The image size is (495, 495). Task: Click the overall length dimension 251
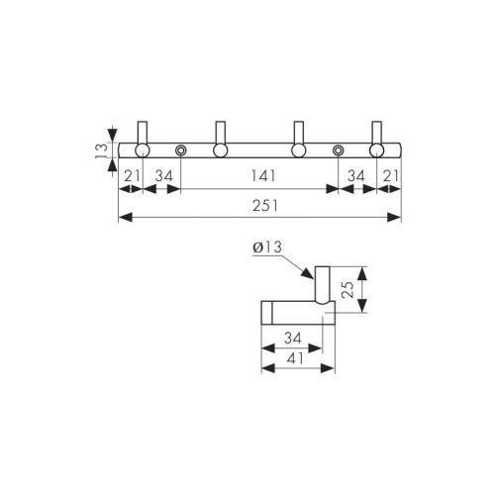265,206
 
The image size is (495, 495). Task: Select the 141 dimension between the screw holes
263,176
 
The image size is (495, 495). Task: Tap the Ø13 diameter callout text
267,247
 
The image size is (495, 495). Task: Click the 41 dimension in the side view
295,358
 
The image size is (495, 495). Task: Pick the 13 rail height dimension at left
102,150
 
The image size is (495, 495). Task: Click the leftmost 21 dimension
133,176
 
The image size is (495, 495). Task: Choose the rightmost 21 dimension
391,176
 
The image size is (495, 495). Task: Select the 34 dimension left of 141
164,176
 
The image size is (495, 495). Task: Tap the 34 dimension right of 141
356,176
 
